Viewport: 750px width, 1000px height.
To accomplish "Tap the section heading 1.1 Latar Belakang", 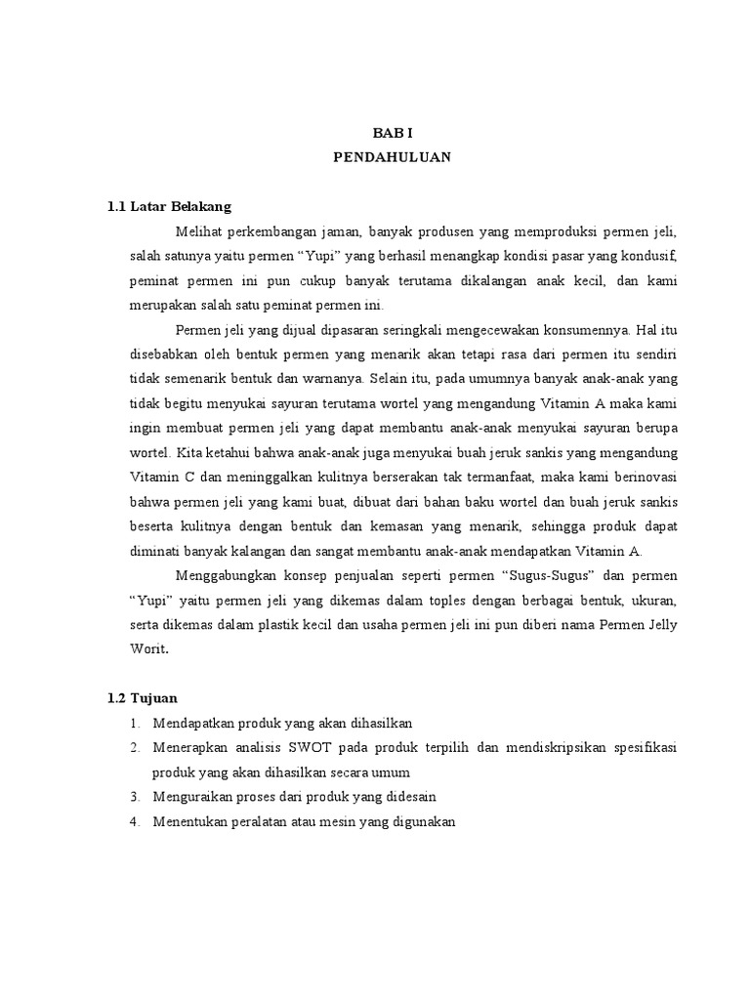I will [169, 206].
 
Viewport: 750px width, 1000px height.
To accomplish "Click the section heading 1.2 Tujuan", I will [142, 698].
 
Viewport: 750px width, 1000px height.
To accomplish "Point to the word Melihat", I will [200, 231].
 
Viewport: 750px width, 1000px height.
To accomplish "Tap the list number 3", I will [134, 796].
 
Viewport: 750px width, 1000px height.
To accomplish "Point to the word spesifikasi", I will [641, 747].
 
